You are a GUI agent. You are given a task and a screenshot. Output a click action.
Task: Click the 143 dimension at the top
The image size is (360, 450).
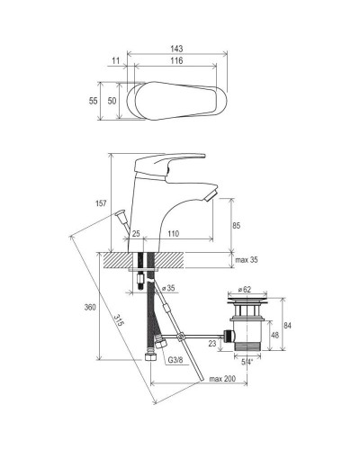(x=176, y=49)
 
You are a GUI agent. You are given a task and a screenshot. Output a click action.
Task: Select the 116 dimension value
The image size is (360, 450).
(x=176, y=60)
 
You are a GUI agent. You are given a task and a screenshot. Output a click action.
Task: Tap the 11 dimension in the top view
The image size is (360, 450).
(x=116, y=60)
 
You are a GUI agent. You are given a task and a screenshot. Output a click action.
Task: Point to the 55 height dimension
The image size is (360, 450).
(x=94, y=101)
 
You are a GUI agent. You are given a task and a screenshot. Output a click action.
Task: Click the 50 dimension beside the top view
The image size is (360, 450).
(x=112, y=101)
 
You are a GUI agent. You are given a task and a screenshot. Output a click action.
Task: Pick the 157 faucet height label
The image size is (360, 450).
(x=101, y=203)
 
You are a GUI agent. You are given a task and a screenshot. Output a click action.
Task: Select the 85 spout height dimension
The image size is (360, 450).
(x=237, y=226)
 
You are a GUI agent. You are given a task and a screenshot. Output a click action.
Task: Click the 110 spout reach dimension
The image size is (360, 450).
(x=173, y=233)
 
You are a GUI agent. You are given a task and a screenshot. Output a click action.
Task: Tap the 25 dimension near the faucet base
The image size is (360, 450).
(x=136, y=233)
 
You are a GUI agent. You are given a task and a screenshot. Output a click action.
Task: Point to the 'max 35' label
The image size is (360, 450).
(x=247, y=260)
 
